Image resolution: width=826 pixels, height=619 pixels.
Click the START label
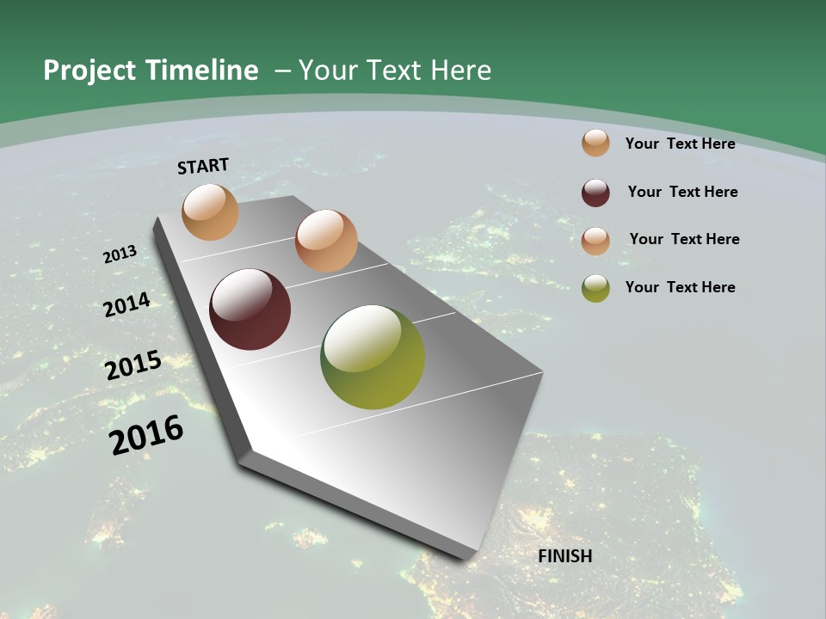(x=203, y=166)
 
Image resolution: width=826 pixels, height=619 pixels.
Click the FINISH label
(x=564, y=556)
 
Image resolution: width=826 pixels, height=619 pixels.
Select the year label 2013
(x=120, y=254)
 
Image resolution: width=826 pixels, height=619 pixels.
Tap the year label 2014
(x=127, y=304)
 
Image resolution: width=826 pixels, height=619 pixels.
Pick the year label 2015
(x=133, y=365)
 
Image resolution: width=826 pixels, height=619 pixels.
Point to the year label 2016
(x=146, y=434)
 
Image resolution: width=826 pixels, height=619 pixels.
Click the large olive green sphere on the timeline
(x=373, y=357)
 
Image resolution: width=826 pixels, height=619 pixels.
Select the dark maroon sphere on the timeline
(x=250, y=309)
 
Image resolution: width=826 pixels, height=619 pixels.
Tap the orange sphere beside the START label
(x=210, y=211)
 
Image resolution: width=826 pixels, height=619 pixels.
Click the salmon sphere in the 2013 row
(x=326, y=241)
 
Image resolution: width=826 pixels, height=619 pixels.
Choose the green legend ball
(x=595, y=288)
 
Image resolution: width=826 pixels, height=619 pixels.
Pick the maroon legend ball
(x=595, y=193)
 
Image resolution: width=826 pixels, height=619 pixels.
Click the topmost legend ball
(x=595, y=143)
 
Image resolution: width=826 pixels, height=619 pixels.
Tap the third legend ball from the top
(x=595, y=240)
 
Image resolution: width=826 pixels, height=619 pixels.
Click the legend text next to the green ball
(x=680, y=287)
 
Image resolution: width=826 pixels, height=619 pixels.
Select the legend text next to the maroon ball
(x=682, y=192)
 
